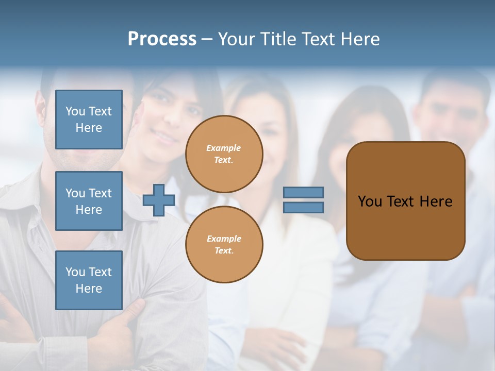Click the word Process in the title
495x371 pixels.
[162, 39]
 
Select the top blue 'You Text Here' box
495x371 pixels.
[89, 120]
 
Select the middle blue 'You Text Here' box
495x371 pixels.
[89, 201]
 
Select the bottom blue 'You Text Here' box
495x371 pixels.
[89, 280]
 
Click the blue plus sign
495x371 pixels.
[159, 200]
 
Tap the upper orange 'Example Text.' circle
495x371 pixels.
[224, 154]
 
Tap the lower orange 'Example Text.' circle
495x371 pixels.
[224, 245]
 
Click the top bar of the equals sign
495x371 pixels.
[303, 192]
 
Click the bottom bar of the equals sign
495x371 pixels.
[303, 208]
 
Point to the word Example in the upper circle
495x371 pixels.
[224, 148]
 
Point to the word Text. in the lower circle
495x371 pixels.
[224, 251]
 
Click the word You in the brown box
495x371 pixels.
[370, 201]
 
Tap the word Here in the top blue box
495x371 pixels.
[89, 128]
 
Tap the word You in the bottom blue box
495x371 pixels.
[75, 272]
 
